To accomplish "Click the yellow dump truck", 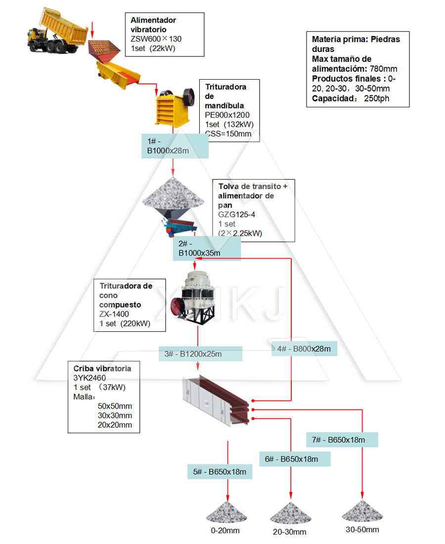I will (x=54, y=33).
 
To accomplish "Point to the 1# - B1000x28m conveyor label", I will (x=175, y=146).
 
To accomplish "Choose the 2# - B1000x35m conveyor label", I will (x=206, y=249).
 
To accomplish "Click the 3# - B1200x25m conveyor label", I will (x=200, y=354).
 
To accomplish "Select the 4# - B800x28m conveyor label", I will (x=304, y=349).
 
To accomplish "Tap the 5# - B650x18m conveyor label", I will (x=220, y=472).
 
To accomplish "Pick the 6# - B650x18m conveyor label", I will (x=294, y=459).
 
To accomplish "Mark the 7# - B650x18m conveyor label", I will (x=342, y=440).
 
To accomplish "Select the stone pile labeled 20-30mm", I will (x=290, y=513).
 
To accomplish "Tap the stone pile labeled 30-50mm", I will (x=362, y=510).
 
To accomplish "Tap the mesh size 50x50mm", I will (x=115, y=406).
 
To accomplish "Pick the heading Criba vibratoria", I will (x=102, y=368).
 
